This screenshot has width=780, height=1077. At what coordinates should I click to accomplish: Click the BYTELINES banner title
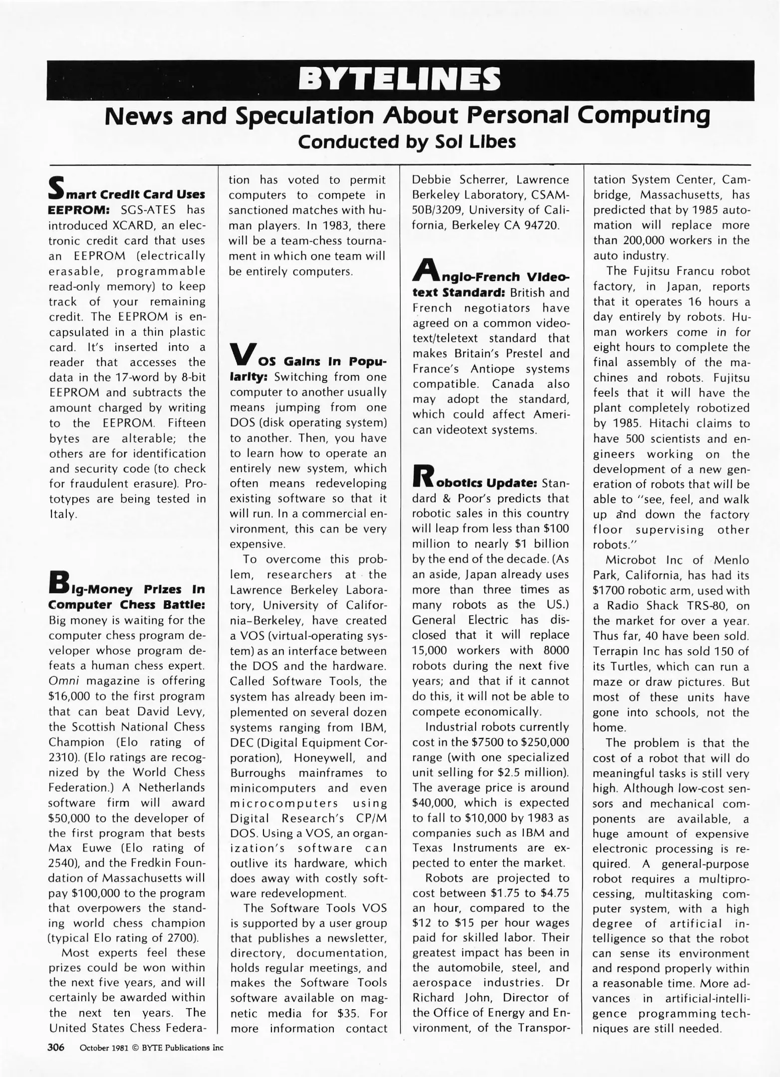[399, 80]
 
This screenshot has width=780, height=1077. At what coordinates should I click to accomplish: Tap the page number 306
[56, 1047]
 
